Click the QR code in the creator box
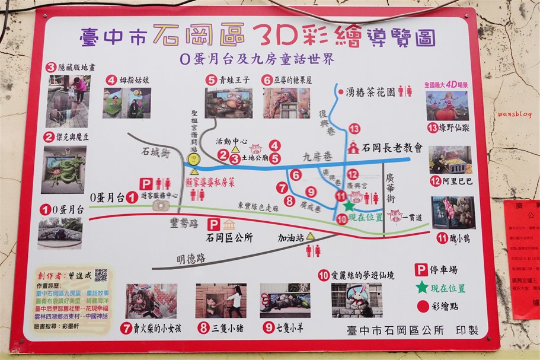[101, 275]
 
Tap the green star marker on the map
[349, 206]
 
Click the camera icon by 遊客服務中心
[160, 205]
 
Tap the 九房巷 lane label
[316, 158]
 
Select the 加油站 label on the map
[291, 237]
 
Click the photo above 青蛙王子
[229, 103]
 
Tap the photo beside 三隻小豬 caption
[221, 301]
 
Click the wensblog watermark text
[515, 113]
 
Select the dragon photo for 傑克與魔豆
[64, 170]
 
